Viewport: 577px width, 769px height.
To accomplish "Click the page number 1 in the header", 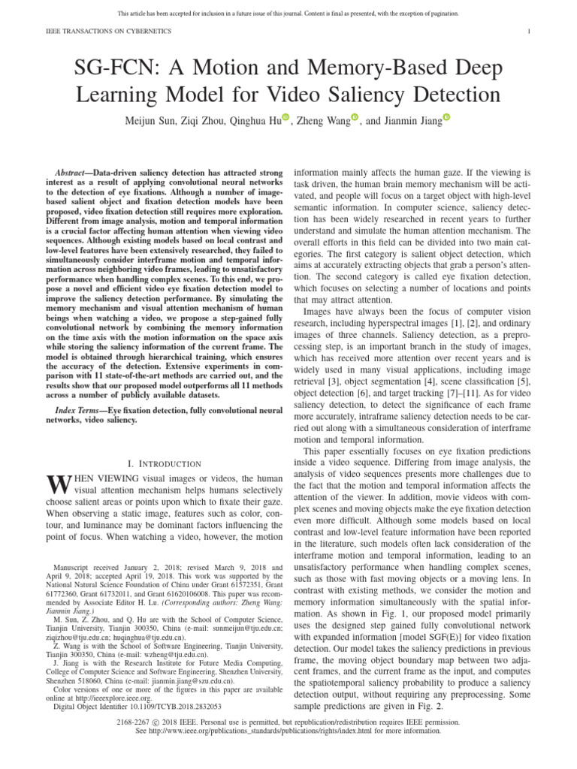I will coord(530,32).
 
